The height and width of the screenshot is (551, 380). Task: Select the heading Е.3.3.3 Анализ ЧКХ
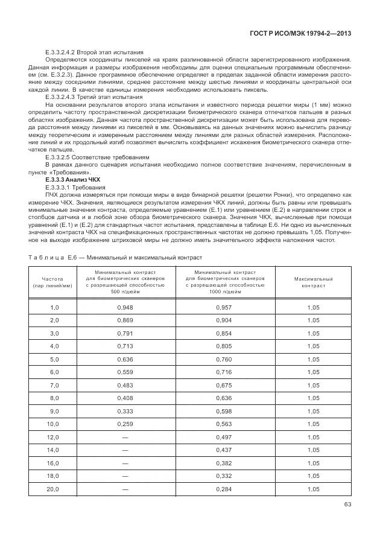tap(73, 180)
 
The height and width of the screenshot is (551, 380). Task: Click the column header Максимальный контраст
tap(313, 283)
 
